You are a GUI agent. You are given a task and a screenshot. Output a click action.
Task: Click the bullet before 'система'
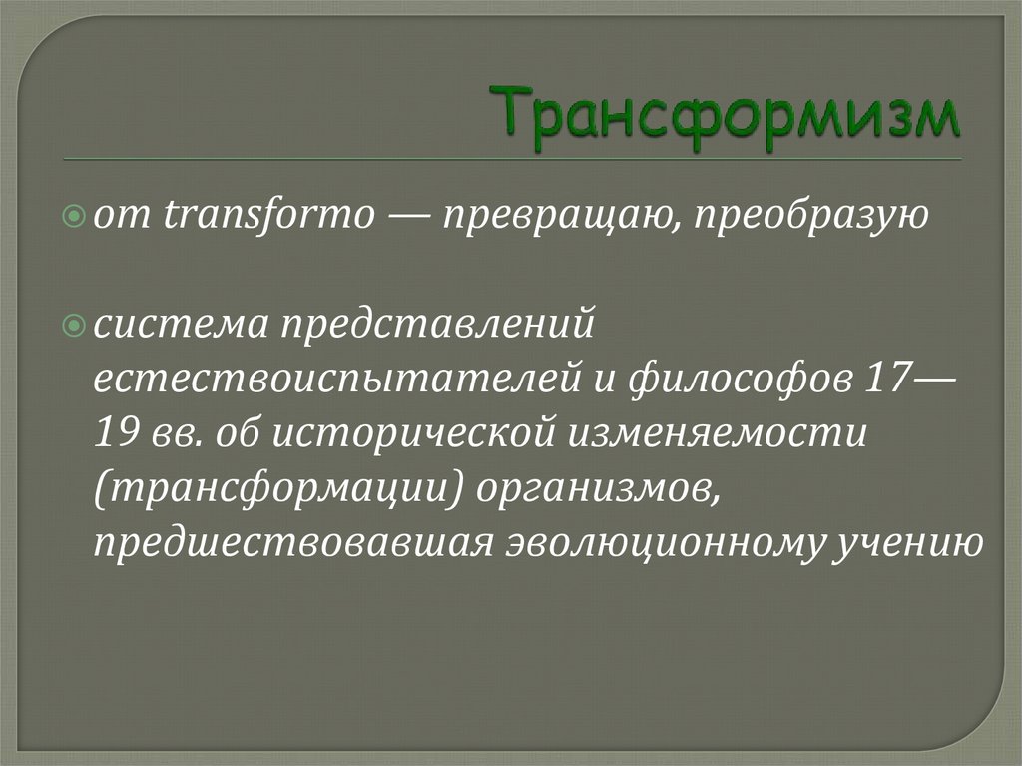(x=82, y=327)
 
